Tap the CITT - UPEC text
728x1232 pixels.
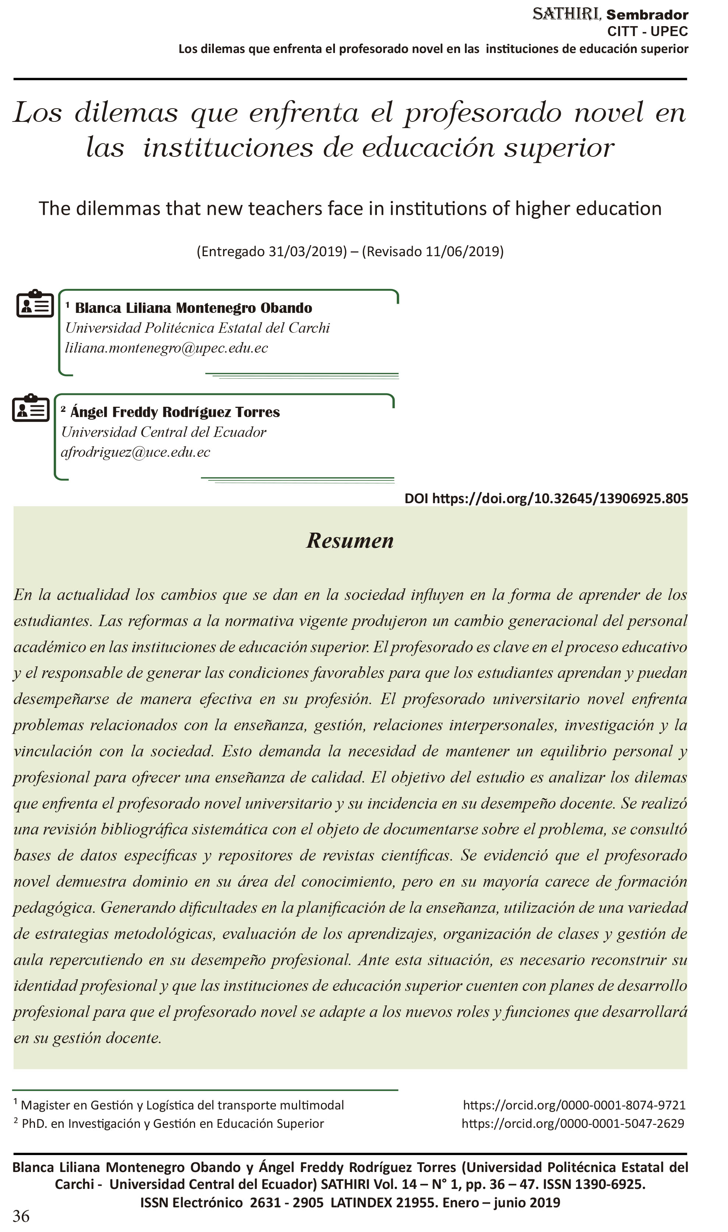647,31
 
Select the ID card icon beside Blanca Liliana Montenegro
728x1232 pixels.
35,304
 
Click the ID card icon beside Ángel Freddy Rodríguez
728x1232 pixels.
31,408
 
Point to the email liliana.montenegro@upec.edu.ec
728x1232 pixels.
166,348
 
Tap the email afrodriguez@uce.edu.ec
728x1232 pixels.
135,452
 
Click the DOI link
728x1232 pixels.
546,498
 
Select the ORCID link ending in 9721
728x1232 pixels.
574,1105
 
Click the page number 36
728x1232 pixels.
21,1216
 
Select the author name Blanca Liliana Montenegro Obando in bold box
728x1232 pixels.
193,308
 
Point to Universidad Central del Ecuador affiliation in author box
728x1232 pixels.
163,432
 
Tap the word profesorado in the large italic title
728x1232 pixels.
482,113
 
